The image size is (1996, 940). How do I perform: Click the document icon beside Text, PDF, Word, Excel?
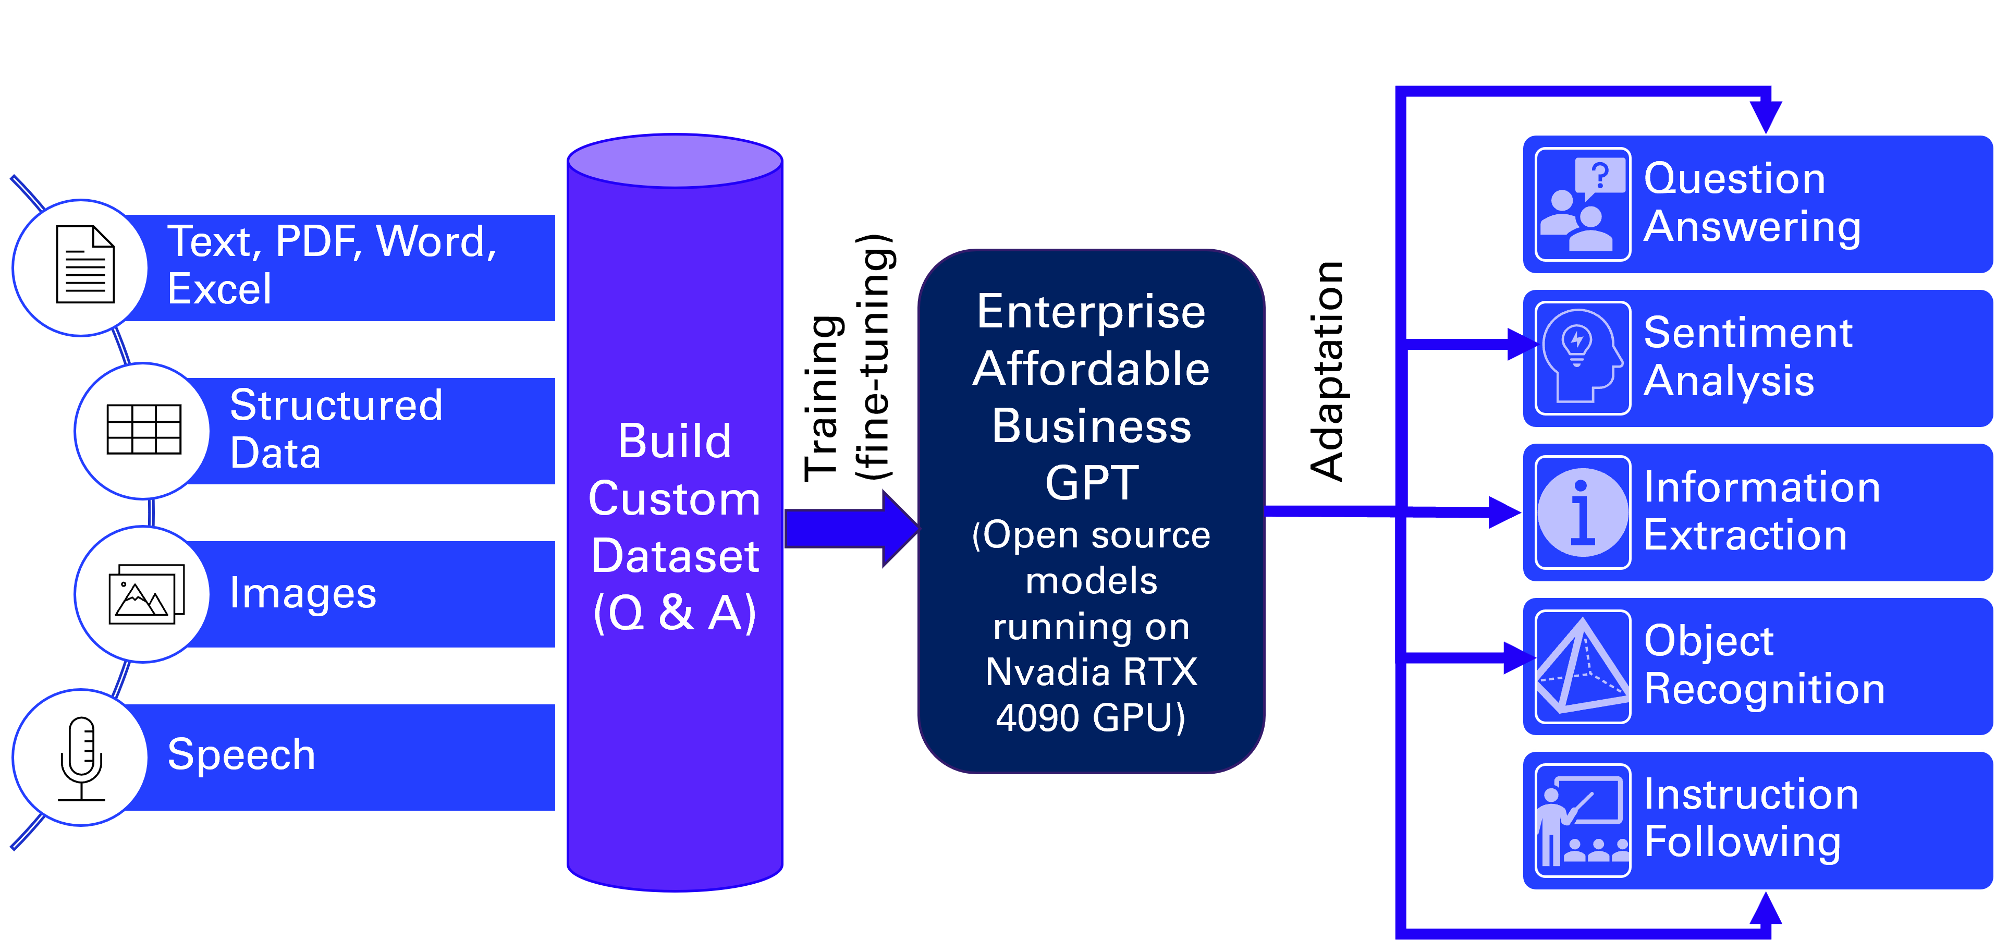85,264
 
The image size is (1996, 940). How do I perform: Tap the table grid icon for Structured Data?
144,429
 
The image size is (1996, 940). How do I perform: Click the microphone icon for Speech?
81,758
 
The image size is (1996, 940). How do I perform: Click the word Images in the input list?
303,594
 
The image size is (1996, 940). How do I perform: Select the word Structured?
336,405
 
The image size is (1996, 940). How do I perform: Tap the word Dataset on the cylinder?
675,556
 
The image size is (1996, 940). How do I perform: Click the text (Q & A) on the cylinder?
675,613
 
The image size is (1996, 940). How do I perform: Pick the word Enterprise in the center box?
1091,312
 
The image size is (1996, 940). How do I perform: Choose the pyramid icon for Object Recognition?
1582,666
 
